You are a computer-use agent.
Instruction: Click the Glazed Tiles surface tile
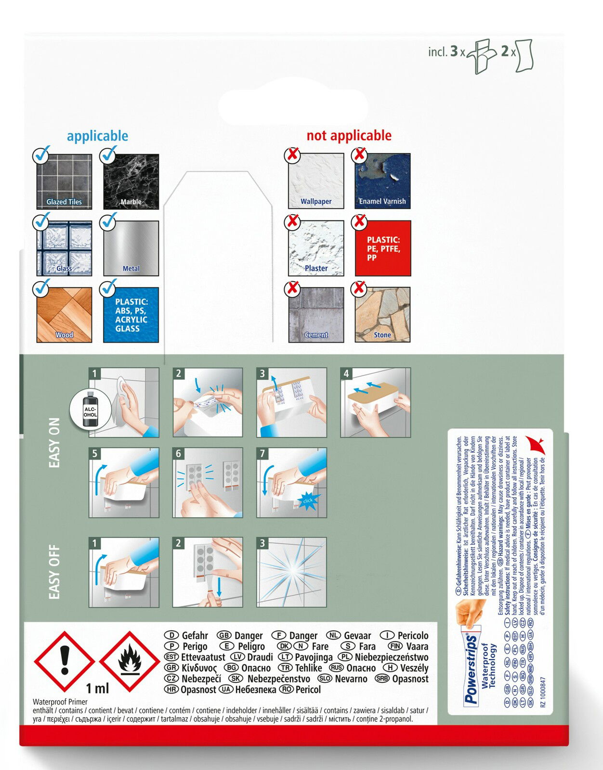64,181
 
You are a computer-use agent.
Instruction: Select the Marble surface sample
131,181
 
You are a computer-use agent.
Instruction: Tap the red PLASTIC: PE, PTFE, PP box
383,248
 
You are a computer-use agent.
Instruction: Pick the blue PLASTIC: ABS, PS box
131,315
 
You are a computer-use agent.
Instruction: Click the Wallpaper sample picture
316,181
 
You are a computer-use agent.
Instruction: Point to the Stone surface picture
383,315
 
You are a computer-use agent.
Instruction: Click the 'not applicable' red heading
349,136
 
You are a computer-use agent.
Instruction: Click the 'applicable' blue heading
97,136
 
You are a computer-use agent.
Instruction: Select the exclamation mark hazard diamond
65,662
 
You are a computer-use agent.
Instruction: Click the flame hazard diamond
130,662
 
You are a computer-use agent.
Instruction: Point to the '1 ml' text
97,689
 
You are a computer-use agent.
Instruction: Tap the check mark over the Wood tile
41,288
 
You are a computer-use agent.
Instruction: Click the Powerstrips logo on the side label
471,670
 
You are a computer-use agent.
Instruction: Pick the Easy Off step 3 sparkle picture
292,572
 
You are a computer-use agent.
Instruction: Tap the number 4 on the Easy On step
346,373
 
